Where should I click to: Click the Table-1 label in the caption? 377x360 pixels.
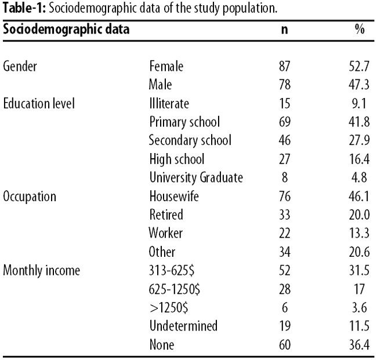tap(24, 8)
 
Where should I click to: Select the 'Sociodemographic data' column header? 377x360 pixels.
tap(66, 30)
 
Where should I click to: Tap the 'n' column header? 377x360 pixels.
tap(284, 30)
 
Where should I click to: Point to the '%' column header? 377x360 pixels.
tap(360, 30)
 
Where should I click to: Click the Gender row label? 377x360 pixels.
tap(20, 66)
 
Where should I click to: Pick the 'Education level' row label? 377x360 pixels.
tap(39, 104)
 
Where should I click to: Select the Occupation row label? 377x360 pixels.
tap(30, 197)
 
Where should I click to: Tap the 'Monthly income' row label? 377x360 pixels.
tap(41, 271)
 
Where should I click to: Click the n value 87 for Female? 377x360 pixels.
tap(285, 66)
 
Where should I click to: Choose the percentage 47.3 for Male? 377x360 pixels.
tap(359, 85)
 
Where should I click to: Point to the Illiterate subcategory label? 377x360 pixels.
tap(169, 104)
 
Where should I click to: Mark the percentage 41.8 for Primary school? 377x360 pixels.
tap(359, 122)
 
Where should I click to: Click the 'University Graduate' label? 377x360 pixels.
tap(196, 177)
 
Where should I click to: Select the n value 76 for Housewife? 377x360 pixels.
tap(285, 197)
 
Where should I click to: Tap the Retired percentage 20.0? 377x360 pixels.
tap(359, 215)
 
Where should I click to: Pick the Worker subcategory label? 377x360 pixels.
tap(166, 234)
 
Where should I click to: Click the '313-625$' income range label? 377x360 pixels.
tap(172, 271)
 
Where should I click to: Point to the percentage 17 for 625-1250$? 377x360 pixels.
tap(360, 289)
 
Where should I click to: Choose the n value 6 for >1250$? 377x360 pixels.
tap(285, 308)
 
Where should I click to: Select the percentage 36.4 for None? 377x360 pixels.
tap(359, 345)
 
